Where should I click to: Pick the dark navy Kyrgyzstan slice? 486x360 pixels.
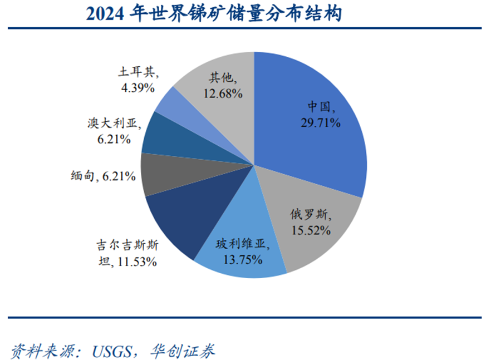click(x=178, y=217)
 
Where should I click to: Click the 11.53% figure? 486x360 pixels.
click(x=136, y=260)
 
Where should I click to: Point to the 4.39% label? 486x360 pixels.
click(x=137, y=87)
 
